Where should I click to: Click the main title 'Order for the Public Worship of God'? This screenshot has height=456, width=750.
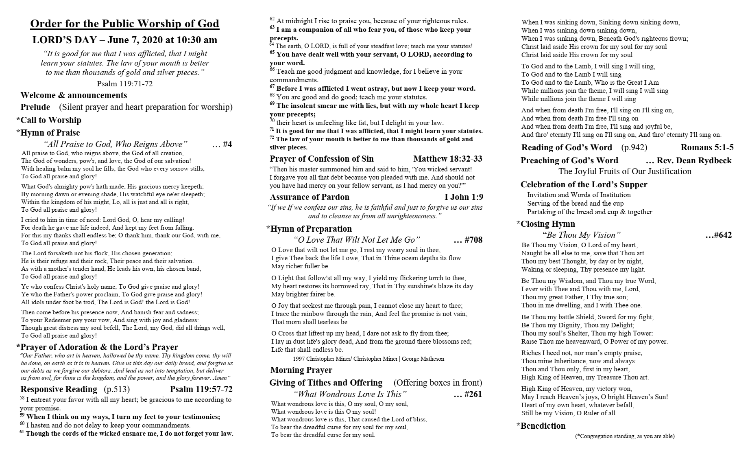tap(124, 24)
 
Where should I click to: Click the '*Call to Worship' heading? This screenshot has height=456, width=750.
tap(49, 120)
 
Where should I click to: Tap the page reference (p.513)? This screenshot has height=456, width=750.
tap(117, 389)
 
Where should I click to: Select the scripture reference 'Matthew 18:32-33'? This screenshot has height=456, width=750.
tap(447, 159)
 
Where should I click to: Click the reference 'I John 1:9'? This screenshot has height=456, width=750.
tap(464, 197)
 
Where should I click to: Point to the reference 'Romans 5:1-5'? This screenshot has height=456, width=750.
tap(707, 147)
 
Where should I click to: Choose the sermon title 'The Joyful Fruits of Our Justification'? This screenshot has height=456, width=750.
tap(625, 171)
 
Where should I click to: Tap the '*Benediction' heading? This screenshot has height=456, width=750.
tap(541, 426)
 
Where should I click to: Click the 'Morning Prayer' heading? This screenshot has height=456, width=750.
tap(301, 370)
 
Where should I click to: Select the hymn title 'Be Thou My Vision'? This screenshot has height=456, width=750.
tap(581, 235)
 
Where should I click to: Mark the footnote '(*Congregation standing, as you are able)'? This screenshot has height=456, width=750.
tap(625, 436)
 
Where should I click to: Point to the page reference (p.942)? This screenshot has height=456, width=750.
tap(634, 147)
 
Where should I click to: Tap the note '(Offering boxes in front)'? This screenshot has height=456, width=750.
tap(438, 383)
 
